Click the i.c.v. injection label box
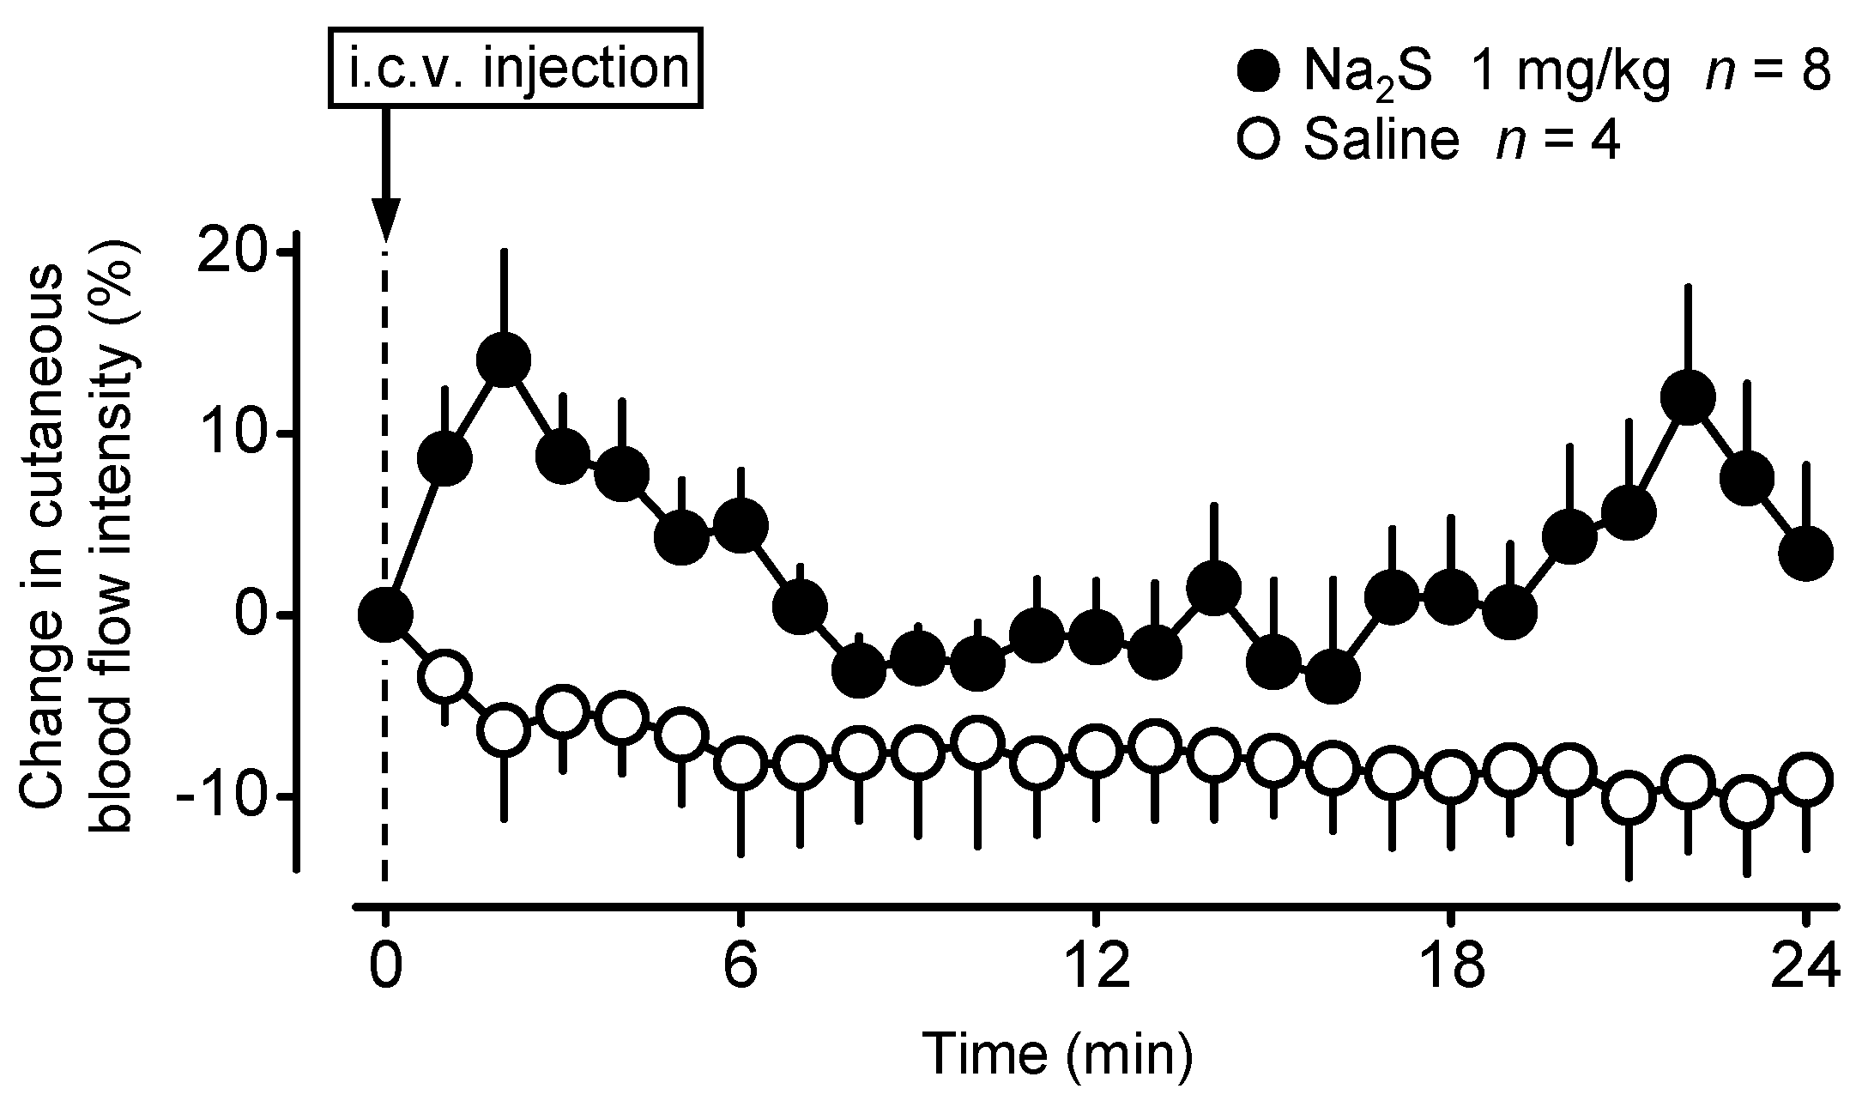(x=517, y=68)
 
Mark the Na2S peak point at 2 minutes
(x=504, y=360)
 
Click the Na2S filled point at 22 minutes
(x=1688, y=397)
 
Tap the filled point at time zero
(x=386, y=614)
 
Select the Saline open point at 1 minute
(x=444, y=676)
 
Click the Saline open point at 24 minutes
(x=1805, y=779)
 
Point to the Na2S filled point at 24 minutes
(x=1805, y=554)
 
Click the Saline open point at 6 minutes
(x=741, y=764)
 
